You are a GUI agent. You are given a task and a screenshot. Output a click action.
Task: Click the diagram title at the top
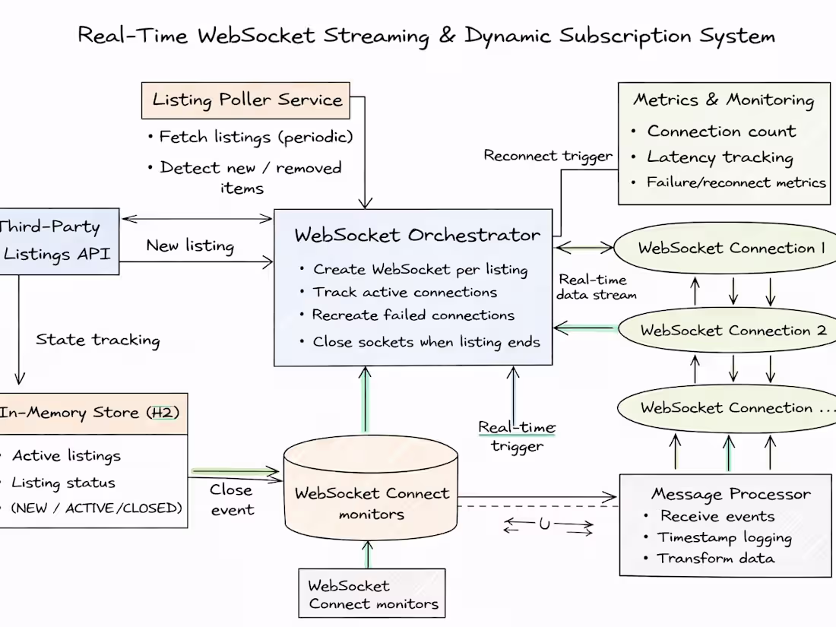[x=426, y=35]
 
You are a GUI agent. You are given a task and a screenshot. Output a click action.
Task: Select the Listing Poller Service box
[x=246, y=100]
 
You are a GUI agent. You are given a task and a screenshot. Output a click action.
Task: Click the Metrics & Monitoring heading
[x=724, y=100]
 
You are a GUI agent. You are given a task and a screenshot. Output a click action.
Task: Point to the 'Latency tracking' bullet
[x=719, y=157]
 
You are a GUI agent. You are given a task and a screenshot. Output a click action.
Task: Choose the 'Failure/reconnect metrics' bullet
[x=735, y=182]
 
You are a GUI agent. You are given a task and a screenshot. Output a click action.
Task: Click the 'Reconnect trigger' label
[x=548, y=156]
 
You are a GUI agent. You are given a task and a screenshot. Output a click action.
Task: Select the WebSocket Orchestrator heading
[x=417, y=235]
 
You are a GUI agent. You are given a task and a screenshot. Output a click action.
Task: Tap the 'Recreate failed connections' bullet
[x=413, y=315]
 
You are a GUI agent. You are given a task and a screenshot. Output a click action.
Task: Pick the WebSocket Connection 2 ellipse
[x=732, y=331]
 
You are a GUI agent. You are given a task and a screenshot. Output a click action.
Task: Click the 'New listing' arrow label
[x=190, y=245]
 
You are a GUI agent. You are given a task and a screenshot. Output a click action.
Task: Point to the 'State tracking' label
[x=98, y=340]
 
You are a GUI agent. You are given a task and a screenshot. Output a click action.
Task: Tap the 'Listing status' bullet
[x=64, y=483]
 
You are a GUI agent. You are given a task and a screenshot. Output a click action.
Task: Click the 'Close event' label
[x=232, y=499]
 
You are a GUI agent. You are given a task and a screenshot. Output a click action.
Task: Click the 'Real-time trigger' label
[x=517, y=436]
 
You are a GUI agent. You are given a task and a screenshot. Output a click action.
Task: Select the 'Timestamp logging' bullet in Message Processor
[x=724, y=537]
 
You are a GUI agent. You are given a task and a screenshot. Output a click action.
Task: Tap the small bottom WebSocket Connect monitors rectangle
[x=372, y=594]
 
